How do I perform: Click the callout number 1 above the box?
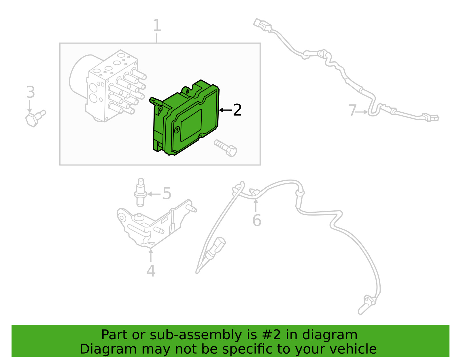[x=157, y=25]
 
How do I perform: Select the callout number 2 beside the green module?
[x=237, y=110]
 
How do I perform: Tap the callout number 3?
[x=31, y=92]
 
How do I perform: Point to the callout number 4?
[x=151, y=271]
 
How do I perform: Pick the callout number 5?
[x=167, y=193]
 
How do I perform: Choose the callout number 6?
[x=257, y=220]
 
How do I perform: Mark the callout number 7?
[x=352, y=110]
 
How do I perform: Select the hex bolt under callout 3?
[x=35, y=118]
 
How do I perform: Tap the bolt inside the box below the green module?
[x=226, y=148]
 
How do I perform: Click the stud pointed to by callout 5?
[x=140, y=192]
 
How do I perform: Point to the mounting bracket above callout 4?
[x=156, y=224]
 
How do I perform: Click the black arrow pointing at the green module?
[x=226, y=110]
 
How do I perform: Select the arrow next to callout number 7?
[x=362, y=112]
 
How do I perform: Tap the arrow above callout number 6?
[x=256, y=206]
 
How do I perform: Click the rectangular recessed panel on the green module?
[x=191, y=125]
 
